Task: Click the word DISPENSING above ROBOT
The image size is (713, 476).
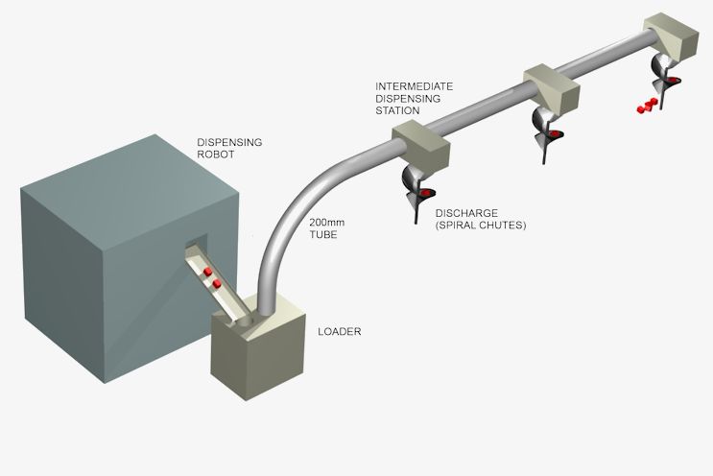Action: [x=229, y=143]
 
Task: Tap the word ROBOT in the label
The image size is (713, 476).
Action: [x=215, y=155]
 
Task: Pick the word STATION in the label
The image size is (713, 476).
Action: [x=397, y=110]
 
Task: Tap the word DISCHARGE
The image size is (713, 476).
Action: [x=465, y=213]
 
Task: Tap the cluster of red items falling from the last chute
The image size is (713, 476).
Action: [x=647, y=105]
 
